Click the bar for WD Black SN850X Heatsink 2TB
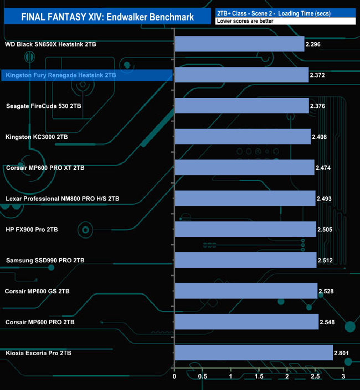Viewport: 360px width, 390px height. point(239,44)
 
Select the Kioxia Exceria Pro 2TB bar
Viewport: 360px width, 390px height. point(254,352)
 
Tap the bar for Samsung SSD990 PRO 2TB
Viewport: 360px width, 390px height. point(245,260)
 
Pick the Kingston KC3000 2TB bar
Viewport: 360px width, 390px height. point(243,136)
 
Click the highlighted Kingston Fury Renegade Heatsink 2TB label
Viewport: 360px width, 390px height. point(60,75)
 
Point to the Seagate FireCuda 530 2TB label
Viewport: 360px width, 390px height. point(46,106)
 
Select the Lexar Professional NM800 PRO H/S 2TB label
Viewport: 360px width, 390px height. point(62,198)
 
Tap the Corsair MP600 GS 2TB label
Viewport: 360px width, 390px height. point(45,291)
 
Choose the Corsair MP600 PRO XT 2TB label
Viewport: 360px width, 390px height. point(45,167)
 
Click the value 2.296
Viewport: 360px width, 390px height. point(315,44)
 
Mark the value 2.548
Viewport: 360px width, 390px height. point(329,321)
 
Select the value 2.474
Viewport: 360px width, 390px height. point(325,167)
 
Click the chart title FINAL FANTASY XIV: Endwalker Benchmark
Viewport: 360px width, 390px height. point(107,17)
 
